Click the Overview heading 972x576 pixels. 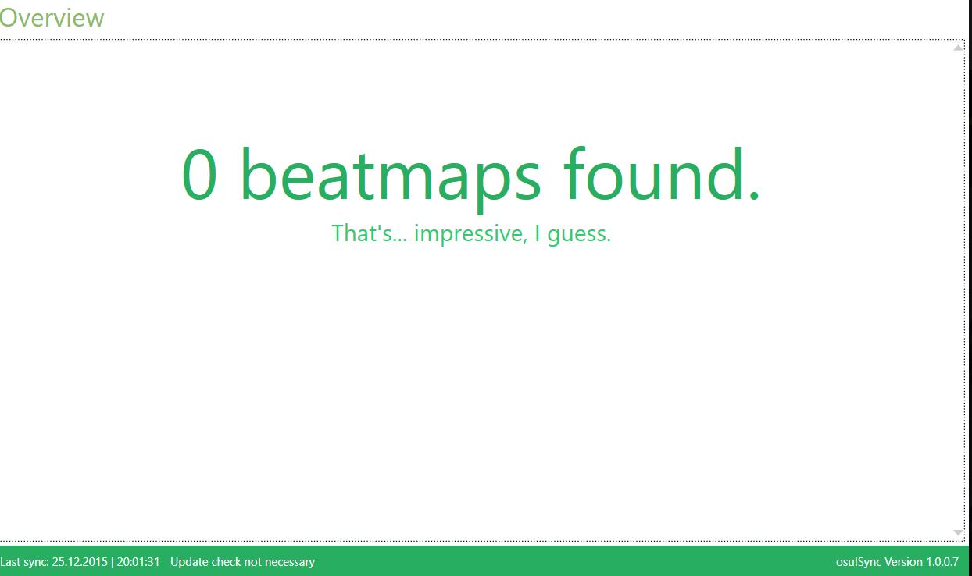pos(52,18)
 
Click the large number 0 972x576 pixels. pos(199,174)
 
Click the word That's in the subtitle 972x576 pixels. pos(370,233)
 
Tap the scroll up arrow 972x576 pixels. pos(958,48)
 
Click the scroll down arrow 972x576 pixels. pos(958,532)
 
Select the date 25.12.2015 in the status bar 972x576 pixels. pos(80,562)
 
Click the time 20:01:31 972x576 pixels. pos(138,562)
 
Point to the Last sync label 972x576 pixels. pos(24,562)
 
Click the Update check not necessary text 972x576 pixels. pos(242,562)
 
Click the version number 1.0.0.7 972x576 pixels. pos(942,562)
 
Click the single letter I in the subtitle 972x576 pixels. pos(538,233)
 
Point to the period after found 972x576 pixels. pos(754,196)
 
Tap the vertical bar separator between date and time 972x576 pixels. pos(113,562)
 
